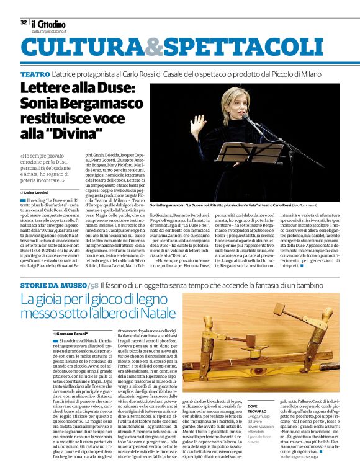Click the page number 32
pyautogui.click(x=24, y=22)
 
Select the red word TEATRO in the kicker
pyautogui.click(x=35, y=74)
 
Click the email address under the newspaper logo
pyautogui.click(x=49, y=30)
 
